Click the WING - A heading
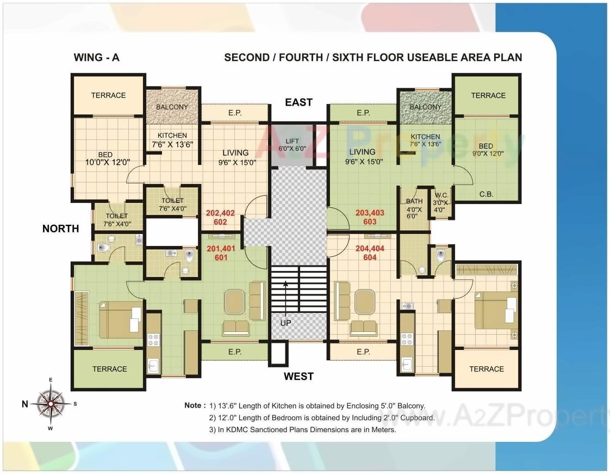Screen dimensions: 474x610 96,57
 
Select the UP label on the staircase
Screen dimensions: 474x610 285,323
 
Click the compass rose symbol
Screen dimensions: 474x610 51,404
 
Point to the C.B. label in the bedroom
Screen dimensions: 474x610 486,194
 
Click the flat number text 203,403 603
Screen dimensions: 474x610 370,217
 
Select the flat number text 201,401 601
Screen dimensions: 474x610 221,253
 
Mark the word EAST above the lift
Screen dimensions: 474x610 298,102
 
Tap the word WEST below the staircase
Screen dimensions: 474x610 298,376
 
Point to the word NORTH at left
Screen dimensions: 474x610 60,229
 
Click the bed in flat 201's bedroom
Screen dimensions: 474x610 120,320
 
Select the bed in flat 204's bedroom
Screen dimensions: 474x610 495,310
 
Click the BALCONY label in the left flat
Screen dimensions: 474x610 172,107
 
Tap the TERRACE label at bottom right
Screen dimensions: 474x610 486,369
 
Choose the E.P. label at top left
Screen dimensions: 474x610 235,113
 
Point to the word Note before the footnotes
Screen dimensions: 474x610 195,405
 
